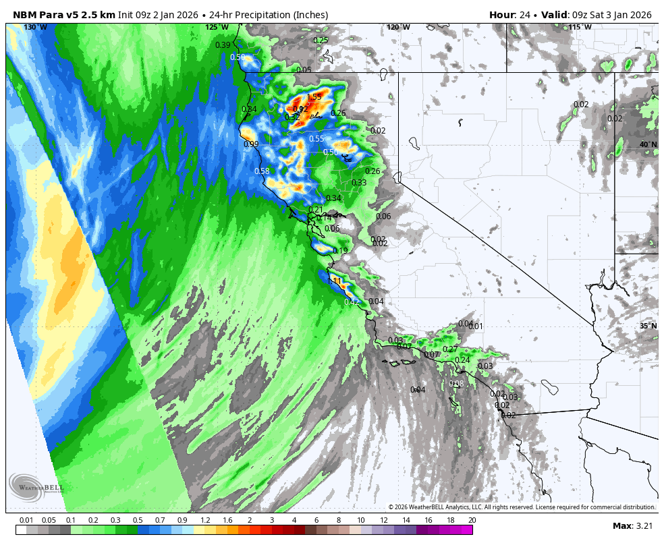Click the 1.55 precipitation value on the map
[314, 97]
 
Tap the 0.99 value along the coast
[251, 144]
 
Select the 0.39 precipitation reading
[223, 45]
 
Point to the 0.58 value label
[262, 171]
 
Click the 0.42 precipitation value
[352, 302]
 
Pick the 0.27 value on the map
[450, 349]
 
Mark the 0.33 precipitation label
[359, 183]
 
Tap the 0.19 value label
[340, 251]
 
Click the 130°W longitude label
[35, 28]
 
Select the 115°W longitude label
[580, 28]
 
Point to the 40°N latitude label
[648, 144]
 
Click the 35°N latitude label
[648, 326]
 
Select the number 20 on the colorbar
[472, 520]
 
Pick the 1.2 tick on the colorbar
[204, 520]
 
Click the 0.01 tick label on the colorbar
[27, 520]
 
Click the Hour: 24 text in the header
[511, 15]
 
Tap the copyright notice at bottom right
[522, 507]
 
